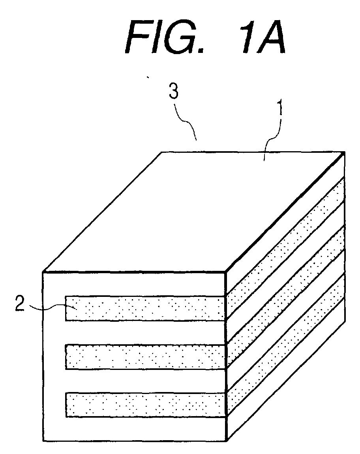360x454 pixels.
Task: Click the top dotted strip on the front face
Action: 145,308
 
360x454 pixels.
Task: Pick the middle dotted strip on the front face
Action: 145,357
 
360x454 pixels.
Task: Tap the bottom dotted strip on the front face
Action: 145,405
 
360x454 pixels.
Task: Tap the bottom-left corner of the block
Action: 43,441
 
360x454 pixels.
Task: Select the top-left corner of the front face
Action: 43,272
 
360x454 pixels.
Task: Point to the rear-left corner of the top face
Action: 161,152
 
